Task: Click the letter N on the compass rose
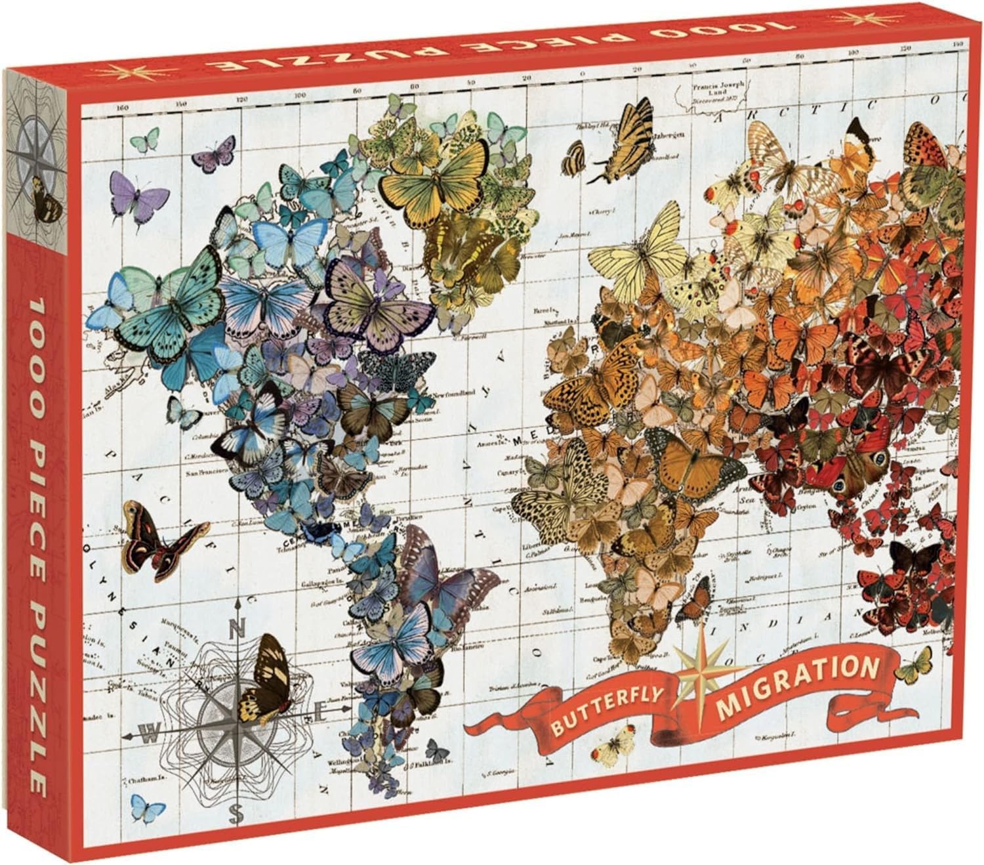[x=235, y=629]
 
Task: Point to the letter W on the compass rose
[x=151, y=736]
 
